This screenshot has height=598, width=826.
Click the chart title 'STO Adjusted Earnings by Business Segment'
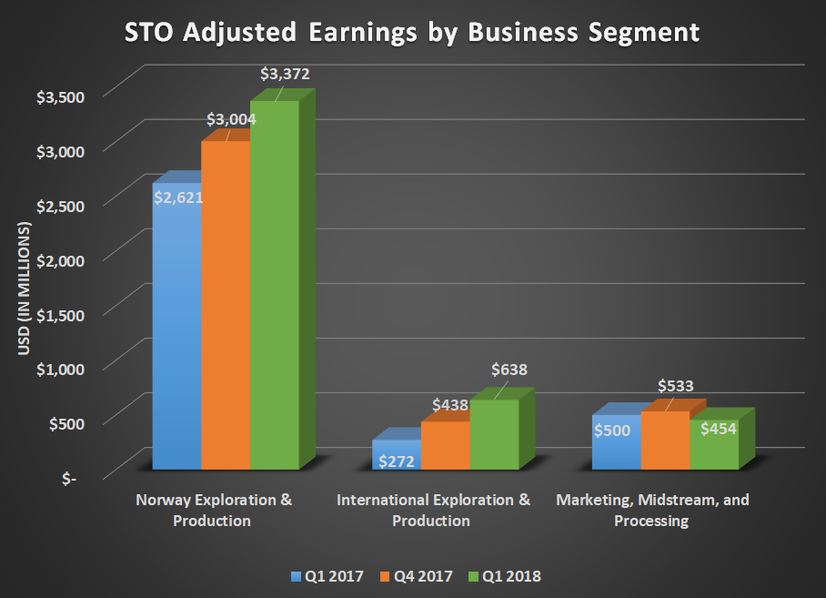point(412,33)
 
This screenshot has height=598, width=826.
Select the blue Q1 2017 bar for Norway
point(176,337)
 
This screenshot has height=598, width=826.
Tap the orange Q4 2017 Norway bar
point(225,309)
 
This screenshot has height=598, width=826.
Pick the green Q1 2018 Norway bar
point(274,291)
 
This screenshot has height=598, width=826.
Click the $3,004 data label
point(231,119)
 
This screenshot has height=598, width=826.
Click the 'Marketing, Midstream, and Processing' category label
point(652,511)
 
